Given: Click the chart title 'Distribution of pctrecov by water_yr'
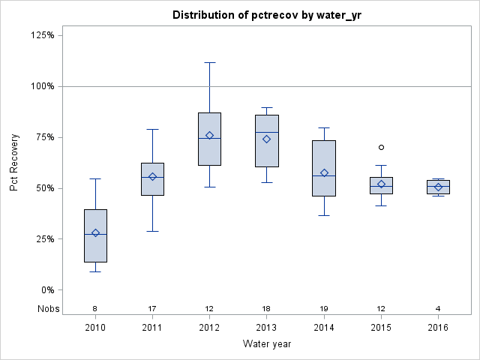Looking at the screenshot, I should (x=267, y=15).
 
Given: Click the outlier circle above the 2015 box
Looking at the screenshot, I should (x=381, y=147).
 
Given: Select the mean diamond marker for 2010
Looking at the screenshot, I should (x=95, y=232).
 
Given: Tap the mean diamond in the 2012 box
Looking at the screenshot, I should (x=209, y=136).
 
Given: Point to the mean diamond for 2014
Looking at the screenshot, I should (x=324, y=172).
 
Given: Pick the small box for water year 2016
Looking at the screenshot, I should (x=438, y=187).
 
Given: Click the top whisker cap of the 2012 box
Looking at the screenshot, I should (x=209, y=62).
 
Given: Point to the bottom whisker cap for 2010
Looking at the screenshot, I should (x=95, y=271).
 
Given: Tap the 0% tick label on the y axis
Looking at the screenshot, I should (x=46, y=289).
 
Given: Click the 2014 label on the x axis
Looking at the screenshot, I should (x=324, y=327).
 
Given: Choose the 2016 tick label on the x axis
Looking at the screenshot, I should (x=438, y=327).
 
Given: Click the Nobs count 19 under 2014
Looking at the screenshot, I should (x=324, y=308).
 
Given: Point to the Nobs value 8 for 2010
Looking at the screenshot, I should (x=95, y=308).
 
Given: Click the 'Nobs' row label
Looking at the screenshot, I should (x=46, y=308).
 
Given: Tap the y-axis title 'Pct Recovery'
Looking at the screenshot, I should (x=14, y=162).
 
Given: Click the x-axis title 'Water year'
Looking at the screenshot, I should (x=267, y=343).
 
